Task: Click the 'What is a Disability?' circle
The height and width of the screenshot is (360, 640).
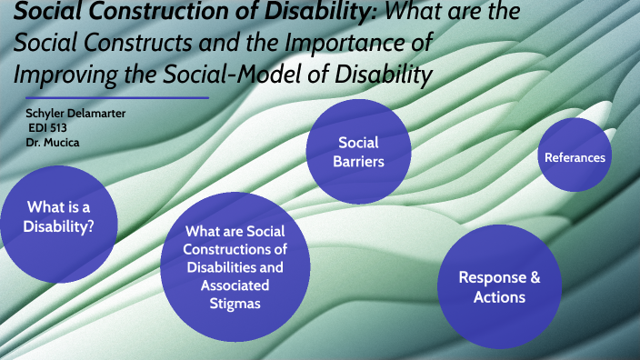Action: (58, 216)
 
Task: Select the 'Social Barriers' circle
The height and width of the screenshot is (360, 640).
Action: (357, 152)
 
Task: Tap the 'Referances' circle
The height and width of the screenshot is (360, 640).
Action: (575, 157)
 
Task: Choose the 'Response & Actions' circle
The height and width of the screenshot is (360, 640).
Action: (498, 286)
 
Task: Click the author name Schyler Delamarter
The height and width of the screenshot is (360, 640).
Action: (75, 113)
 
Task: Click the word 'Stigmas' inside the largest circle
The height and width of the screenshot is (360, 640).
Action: (235, 304)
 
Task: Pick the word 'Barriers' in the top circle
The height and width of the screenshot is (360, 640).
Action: (357, 162)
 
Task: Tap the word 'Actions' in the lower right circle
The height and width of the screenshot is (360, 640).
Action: (498, 297)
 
